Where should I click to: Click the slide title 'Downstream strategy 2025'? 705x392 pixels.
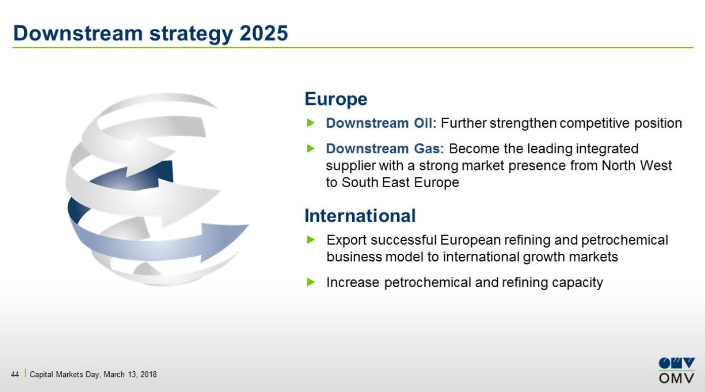coord(151,34)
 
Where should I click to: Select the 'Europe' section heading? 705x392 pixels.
coord(336,99)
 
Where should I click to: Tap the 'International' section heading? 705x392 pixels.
coord(360,216)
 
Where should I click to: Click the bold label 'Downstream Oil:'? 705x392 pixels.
coord(381,123)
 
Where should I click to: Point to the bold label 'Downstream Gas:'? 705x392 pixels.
coord(385,148)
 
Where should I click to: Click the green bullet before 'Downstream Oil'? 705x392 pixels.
coord(311,123)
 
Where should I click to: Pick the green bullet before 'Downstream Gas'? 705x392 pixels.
coord(311,148)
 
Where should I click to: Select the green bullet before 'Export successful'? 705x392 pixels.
coord(311,240)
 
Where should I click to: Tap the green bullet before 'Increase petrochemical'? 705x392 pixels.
coord(311,283)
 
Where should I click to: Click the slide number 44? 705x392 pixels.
coord(15,374)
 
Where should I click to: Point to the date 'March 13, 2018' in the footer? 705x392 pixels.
coord(130,374)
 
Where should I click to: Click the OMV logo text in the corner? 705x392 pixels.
coord(676,378)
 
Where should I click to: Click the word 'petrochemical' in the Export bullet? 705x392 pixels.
coord(625,240)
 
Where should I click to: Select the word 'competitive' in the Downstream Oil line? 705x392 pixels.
coord(594,123)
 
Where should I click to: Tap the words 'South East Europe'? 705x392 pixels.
coord(400,183)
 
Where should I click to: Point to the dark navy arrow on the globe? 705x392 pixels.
coord(138,177)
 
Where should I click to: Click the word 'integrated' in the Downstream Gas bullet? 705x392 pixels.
coord(607,148)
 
